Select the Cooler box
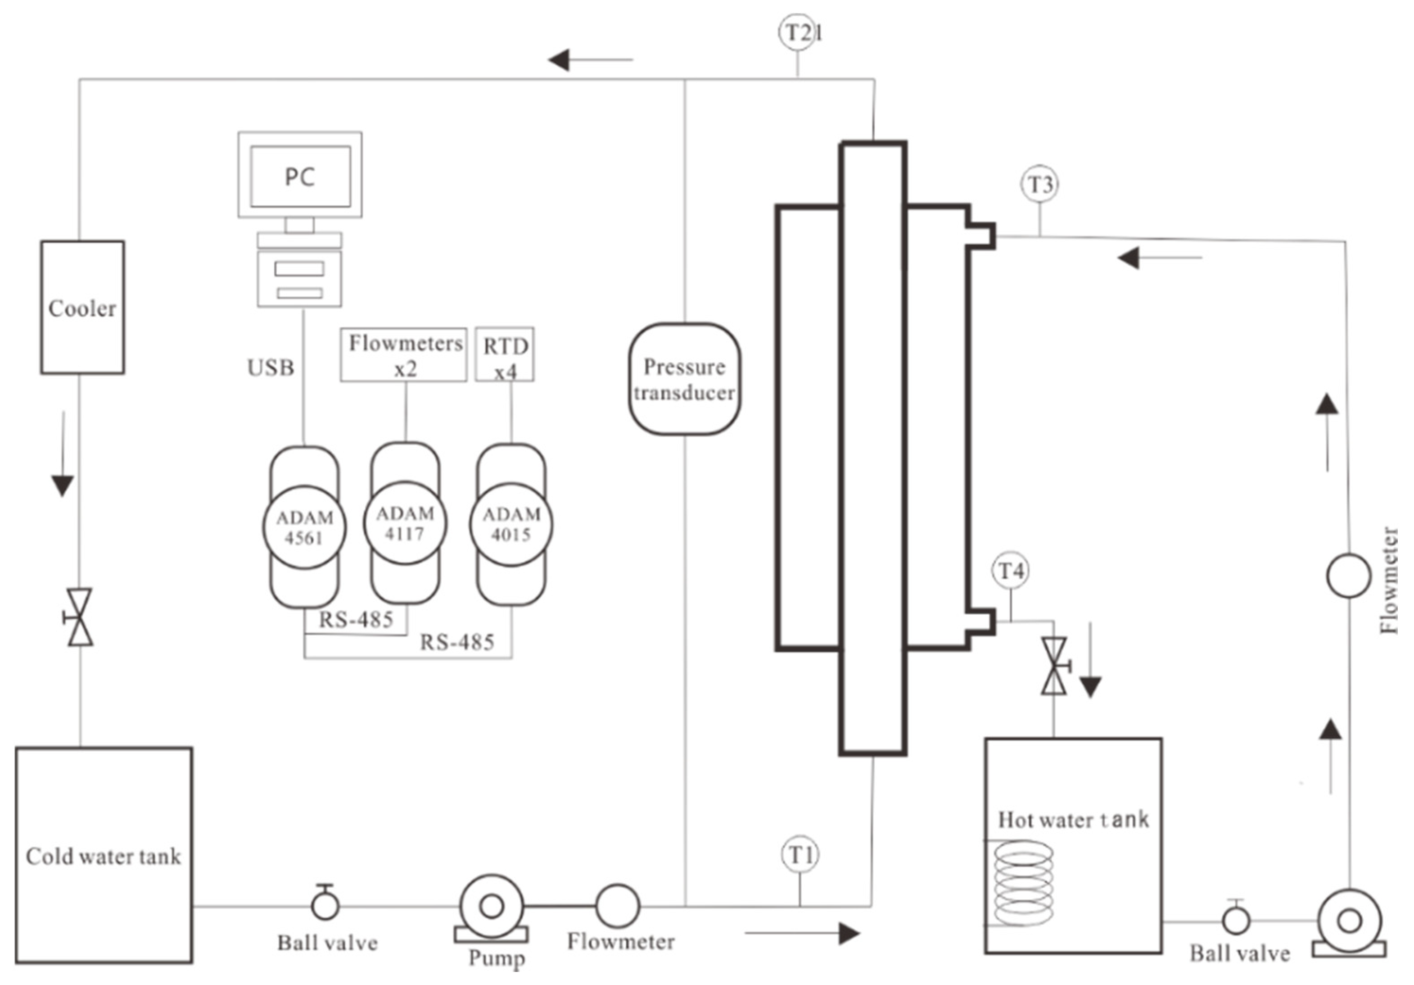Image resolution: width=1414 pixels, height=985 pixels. click(82, 307)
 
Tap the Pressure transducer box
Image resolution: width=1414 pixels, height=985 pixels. click(684, 379)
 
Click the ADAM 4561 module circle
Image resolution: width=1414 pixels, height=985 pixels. click(304, 527)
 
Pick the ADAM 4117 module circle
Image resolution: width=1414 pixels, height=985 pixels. click(405, 523)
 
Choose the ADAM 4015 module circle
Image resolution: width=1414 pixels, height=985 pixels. click(511, 524)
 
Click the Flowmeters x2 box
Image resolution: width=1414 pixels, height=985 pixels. click(404, 355)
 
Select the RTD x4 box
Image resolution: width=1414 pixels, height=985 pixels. click(505, 355)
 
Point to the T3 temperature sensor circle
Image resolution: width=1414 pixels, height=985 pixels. click(1040, 184)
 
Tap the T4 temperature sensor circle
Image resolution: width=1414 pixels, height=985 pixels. click(1011, 571)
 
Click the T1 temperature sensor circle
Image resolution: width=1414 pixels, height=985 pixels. click(800, 854)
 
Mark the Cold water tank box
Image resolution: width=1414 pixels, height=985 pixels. click(104, 855)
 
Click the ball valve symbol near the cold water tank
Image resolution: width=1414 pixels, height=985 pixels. click(325, 904)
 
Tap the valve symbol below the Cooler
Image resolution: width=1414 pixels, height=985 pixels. click(79, 617)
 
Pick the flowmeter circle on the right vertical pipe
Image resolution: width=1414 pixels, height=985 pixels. click(1348, 576)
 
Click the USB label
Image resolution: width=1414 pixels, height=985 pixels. click(271, 368)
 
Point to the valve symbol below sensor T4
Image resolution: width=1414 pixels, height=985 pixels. click(1054, 667)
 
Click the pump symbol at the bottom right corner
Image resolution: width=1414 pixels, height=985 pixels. click(1349, 923)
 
